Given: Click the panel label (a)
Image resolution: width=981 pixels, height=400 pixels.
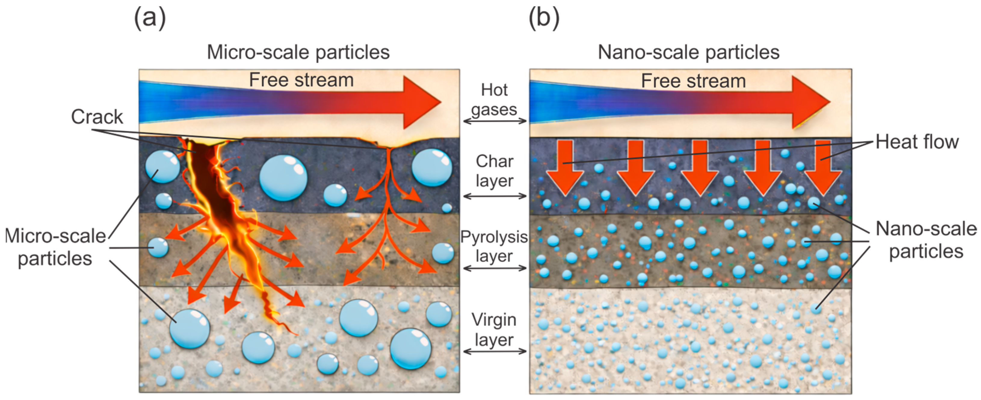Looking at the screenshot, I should [150, 18].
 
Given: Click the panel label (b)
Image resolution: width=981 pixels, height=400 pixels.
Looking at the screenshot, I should [544, 18].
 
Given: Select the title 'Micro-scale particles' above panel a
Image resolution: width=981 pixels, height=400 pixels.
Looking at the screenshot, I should [298, 52].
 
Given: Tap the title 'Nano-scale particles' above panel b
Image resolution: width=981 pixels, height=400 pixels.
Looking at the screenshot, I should [689, 52].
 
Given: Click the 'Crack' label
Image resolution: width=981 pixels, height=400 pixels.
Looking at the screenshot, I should [97, 117].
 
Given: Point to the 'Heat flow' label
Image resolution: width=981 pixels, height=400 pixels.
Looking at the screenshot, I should [917, 142].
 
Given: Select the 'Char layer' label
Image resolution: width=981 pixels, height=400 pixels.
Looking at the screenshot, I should [494, 171].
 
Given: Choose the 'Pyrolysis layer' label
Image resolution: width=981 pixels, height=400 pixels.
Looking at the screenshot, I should [494, 246].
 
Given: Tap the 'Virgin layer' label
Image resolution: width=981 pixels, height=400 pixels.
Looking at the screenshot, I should [494, 330].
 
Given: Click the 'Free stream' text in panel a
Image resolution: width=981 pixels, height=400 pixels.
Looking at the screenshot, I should [301, 80].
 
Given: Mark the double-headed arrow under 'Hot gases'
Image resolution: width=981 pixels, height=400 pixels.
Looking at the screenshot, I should [494, 121].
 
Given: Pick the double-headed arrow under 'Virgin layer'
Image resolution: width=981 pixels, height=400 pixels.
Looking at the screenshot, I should [494, 351].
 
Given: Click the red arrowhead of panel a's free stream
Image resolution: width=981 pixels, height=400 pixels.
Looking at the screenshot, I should [421, 102].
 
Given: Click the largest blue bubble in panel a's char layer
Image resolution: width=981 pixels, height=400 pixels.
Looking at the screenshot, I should [283, 178].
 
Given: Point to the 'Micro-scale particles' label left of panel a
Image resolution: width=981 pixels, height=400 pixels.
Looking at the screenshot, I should [55, 247].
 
